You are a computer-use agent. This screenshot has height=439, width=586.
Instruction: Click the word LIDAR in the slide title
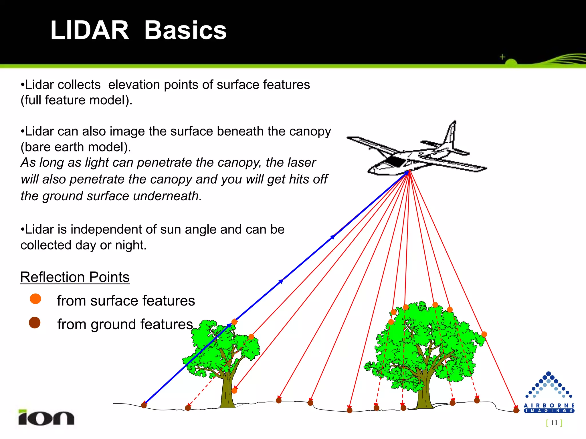click(89, 30)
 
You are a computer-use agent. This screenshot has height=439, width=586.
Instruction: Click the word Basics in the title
click(185, 30)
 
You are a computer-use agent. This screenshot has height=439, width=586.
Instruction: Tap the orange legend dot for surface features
click(35, 299)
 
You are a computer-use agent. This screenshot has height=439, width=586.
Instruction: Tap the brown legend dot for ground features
click(35, 323)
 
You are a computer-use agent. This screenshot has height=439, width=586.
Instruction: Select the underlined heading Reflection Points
click(75, 277)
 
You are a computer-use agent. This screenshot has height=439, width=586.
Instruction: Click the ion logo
click(46, 418)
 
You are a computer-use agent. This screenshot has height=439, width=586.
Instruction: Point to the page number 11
click(554, 422)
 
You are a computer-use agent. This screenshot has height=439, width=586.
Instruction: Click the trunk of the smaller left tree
click(227, 392)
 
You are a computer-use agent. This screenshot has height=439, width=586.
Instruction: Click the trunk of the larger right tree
click(424, 392)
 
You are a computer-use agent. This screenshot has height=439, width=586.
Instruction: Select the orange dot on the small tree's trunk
click(234, 390)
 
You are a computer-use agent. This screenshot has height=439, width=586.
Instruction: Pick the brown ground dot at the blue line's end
click(144, 405)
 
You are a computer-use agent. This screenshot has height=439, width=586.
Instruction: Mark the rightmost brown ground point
click(516, 410)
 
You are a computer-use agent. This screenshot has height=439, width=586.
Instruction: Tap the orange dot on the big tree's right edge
click(484, 334)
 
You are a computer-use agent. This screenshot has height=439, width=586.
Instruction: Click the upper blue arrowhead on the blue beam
click(333, 237)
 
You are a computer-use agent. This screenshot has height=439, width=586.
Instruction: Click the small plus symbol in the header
click(502, 57)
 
